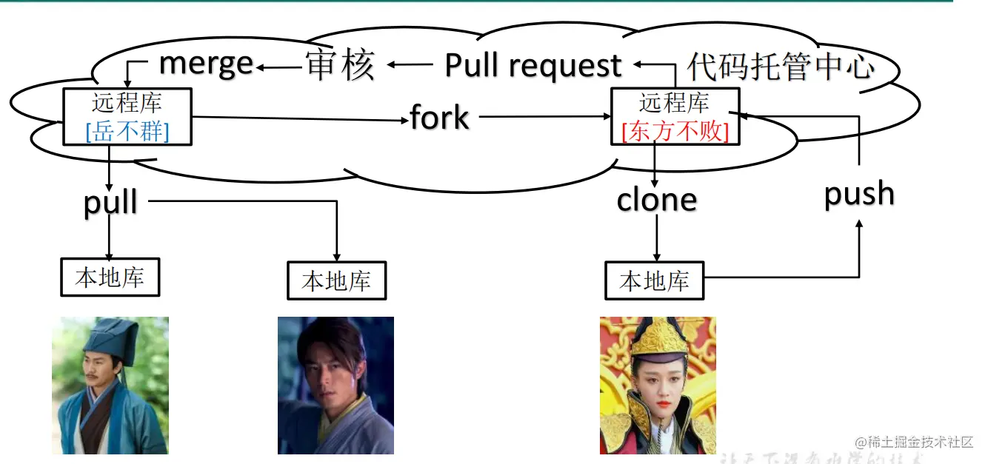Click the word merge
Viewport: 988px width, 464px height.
[207, 64]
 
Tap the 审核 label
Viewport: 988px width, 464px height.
[340, 66]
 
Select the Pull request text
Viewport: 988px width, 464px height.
[533, 66]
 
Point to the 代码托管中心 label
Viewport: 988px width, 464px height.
[781, 67]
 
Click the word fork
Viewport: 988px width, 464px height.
[440, 118]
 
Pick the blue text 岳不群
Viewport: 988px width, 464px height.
[127, 132]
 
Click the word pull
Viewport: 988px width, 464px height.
[110, 201]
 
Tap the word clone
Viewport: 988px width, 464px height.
[657, 200]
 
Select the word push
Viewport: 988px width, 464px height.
[859, 194]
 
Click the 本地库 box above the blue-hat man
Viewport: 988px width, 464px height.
[110, 278]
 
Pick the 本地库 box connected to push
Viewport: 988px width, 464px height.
[654, 281]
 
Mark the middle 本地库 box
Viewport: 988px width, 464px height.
[336, 281]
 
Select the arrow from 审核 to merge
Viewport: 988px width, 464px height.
[279, 68]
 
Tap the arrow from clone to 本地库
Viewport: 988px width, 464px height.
[656, 237]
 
